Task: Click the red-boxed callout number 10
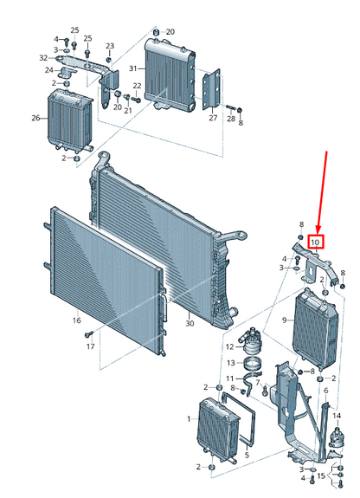click(315, 242)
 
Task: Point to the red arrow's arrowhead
click(318, 230)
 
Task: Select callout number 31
click(132, 68)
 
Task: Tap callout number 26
click(35, 118)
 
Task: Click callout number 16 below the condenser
click(76, 320)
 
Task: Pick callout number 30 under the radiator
click(190, 323)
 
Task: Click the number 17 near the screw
click(91, 346)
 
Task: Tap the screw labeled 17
click(88, 334)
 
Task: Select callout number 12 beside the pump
click(230, 346)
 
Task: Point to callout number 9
click(285, 320)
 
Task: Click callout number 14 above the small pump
click(337, 416)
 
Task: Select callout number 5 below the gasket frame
click(247, 455)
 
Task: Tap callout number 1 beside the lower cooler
click(190, 419)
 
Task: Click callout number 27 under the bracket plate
click(213, 118)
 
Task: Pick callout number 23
click(110, 46)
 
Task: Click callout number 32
click(43, 58)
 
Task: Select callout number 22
click(137, 86)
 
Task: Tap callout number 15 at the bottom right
click(321, 475)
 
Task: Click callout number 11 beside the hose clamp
click(230, 378)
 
